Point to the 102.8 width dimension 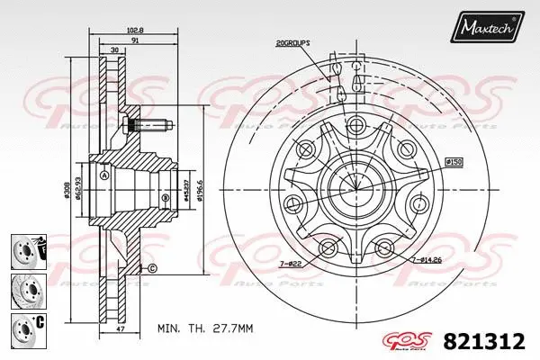pyautogui.click(x=137, y=30)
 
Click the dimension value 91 pyautogui.click(x=135, y=40)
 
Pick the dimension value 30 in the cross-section pyautogui.click(x=113, y=50)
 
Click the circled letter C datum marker pyautogui.click(x=152, y=269)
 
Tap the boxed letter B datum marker pyautogui.click(x=166, y=198)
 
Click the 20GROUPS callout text pyautogui.click(x=293, y=42)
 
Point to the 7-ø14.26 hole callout pyautogui.click(x=428, y=260)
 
